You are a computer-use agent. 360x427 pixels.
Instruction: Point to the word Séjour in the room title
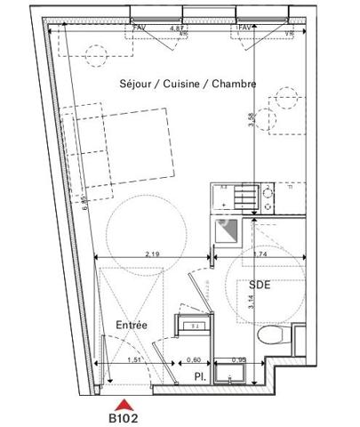137,84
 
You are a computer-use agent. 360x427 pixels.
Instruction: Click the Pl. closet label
201,377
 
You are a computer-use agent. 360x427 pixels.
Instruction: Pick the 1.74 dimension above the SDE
259,254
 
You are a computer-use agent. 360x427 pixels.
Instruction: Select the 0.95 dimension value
238,360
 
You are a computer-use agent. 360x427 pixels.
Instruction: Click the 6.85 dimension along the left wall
81,205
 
